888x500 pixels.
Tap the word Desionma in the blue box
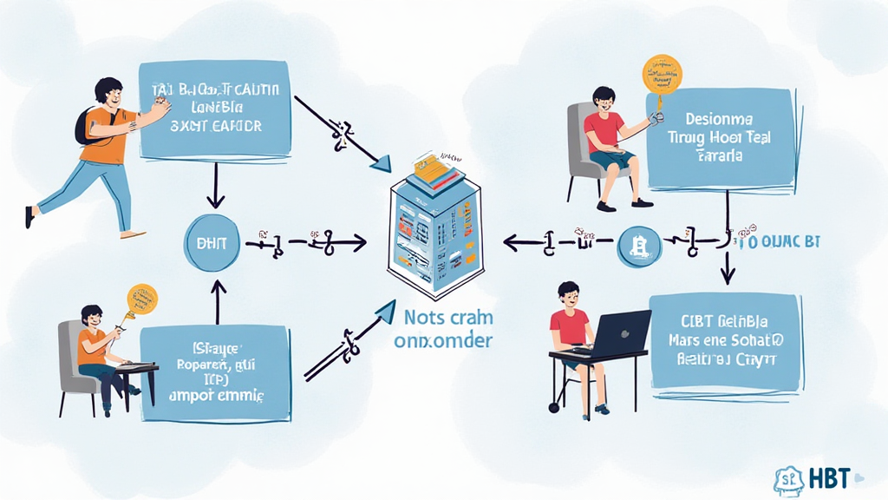719,117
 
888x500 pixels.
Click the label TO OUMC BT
780,242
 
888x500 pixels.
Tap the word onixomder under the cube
442,340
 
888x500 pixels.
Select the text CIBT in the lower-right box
694,321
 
